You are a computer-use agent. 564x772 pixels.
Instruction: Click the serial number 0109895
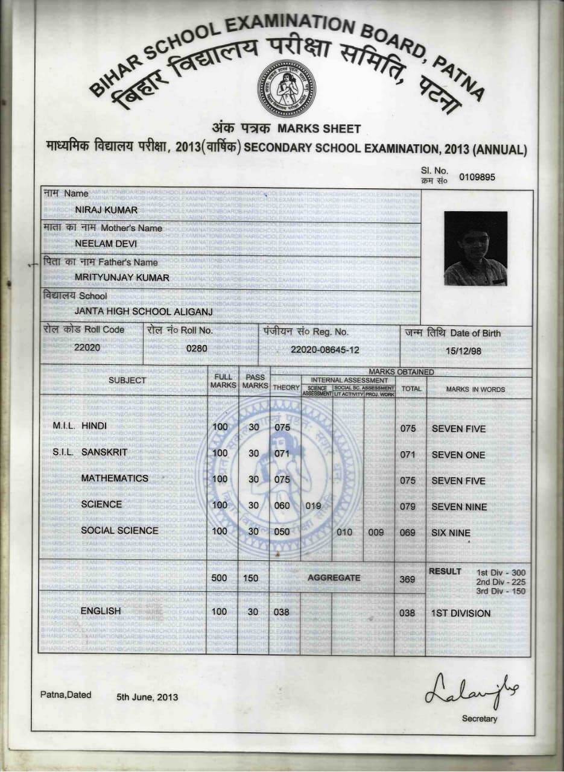pyautogui.click(x=477, y=177)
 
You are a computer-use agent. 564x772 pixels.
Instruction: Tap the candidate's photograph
pyautogui.click(x=475, y=248)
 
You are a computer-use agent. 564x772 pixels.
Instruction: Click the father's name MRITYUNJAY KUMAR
pyautogui.click(x=122, y=277)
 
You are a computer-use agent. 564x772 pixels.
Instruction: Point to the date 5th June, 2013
pyautogui.click(x=148, y=697)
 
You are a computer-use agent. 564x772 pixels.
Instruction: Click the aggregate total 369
pyautogui.click(x=408, y=580)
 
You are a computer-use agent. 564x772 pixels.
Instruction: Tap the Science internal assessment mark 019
pyautogui.click(x=313, y=506)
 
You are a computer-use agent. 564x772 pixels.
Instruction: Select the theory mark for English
pyautogui.click(x=282, y=612)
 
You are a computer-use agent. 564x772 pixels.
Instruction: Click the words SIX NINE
pyautogui.click(x=451, y=533)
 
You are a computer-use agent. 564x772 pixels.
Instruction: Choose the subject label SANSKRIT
pyautogui.click(x=106, y=452)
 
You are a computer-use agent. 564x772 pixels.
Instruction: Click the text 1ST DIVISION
pyautogui.click(x=461, y=613)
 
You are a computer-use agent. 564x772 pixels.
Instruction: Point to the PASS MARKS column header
pyautogui.click(x=255, y=381)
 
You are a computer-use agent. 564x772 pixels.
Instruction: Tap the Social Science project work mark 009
pyautogui.click(x=375, y=532)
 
